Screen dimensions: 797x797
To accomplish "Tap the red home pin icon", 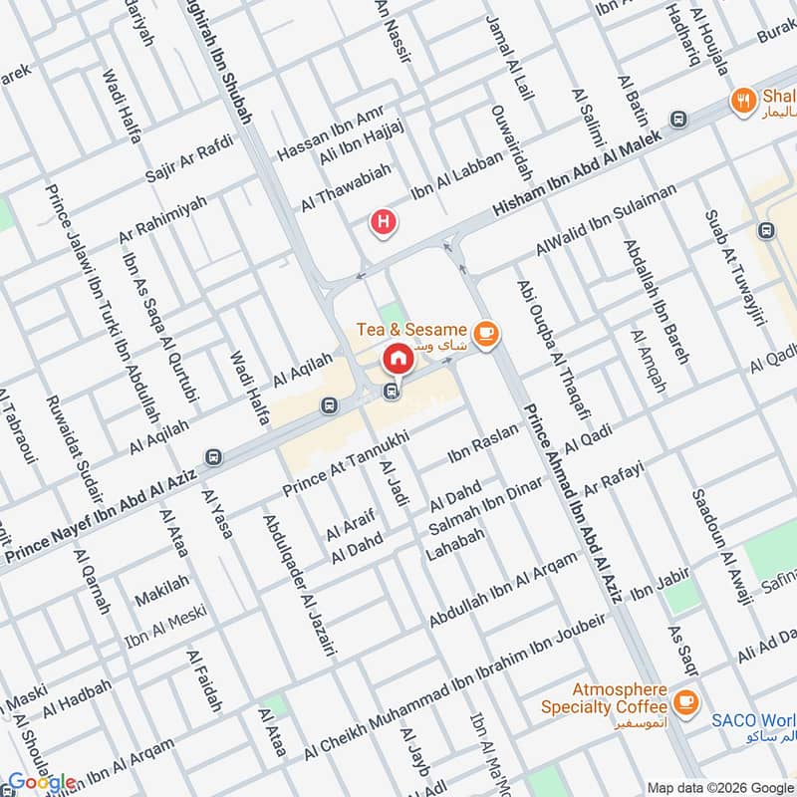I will (397, 358).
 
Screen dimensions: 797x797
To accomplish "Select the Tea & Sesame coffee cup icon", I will (485, 333).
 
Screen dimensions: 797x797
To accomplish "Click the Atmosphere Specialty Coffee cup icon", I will (684, 702).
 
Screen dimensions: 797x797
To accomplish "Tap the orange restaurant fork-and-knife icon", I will (742, 100).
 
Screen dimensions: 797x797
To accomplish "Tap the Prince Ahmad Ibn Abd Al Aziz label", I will (573, 502).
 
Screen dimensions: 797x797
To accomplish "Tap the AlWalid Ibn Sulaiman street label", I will (605, 218).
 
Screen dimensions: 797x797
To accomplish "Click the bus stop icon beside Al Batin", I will (679, 119).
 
